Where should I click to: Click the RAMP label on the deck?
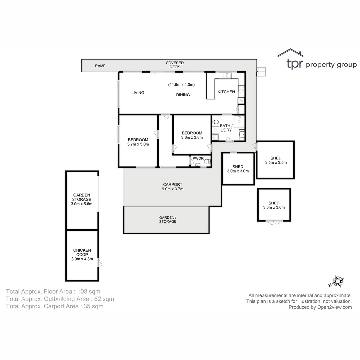(100, 66)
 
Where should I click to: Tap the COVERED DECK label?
(175, 65)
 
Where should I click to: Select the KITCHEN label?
(226, 92)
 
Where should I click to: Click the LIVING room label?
(138, 92)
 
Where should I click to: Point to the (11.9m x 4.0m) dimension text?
(181, 85)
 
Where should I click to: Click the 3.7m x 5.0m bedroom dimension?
(138, 144)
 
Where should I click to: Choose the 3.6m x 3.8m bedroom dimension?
(192, 137)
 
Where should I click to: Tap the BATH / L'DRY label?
(226, 128)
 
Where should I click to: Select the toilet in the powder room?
(207, 162)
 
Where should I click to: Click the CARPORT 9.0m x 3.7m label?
(173, 187)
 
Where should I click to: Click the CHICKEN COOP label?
(82, 254)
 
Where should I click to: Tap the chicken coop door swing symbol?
(100, 263)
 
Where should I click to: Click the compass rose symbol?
(337, 282)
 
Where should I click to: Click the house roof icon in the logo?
(290, 53)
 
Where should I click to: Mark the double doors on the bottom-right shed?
(274, 222)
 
